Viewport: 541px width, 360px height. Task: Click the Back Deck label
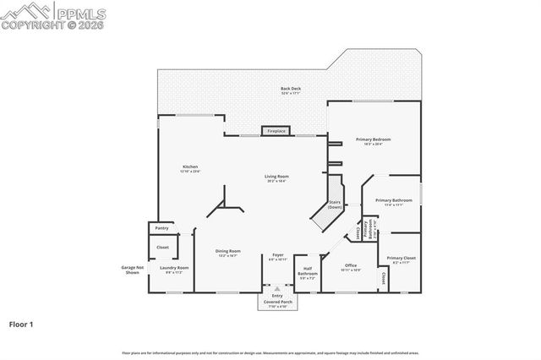pos(290,89)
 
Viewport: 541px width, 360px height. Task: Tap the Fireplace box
pos(276,131)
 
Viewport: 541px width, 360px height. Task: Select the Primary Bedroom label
pos(373,139)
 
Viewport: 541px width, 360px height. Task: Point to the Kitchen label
pos(190,167)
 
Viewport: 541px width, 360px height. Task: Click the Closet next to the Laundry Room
pos(162,248)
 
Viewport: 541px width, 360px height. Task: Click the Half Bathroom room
pos(308,273)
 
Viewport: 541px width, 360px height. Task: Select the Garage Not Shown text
pos(132,270)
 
